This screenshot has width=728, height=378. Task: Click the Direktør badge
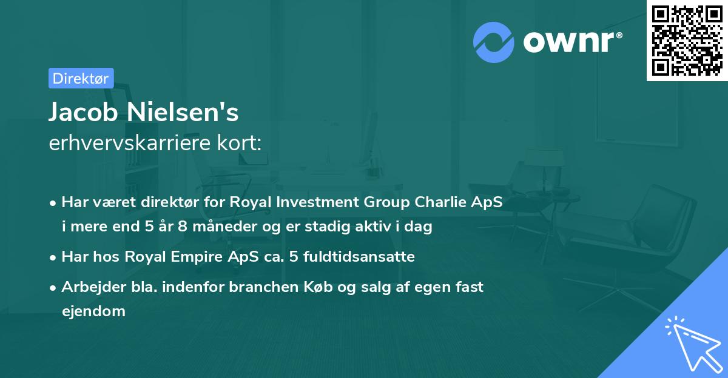81,78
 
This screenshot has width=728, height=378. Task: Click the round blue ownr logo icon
494,42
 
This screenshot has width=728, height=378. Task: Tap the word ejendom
93,311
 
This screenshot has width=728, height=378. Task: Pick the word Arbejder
90,287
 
